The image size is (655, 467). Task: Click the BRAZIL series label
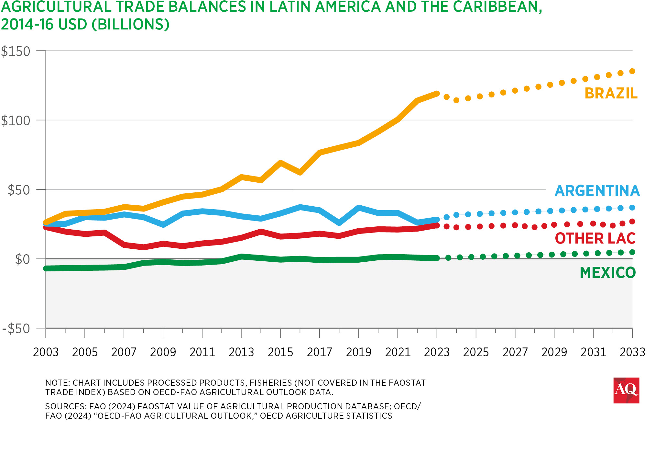611,93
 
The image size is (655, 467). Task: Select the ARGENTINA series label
597,191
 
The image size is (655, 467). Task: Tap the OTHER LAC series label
595,238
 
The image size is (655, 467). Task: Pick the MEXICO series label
607,273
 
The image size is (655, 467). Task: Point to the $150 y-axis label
16,51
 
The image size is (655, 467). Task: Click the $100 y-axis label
16,121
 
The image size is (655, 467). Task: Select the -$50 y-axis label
16,329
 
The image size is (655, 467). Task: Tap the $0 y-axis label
23,259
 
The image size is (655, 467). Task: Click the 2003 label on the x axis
46,352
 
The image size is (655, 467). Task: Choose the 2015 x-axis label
280,352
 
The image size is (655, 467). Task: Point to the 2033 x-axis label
632,352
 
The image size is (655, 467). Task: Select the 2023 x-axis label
437,352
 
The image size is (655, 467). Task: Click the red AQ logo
626,390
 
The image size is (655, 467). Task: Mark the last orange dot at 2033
632,71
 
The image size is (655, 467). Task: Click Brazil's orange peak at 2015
280,163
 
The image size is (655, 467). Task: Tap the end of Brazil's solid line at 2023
437,94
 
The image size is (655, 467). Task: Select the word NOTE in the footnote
56,383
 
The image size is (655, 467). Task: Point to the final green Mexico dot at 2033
632,252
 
